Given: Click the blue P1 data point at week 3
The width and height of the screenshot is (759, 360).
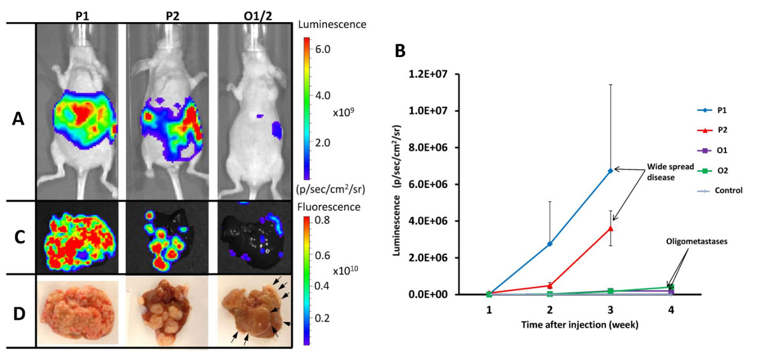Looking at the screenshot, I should click(610, 170).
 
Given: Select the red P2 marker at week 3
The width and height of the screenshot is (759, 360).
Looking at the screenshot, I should click(610, 228).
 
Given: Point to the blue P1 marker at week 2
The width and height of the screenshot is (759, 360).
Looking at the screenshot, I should click(549, 244).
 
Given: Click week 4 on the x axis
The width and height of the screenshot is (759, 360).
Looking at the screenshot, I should click(671, 312).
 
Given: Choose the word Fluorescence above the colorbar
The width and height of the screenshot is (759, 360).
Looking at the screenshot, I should click(330, 206).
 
